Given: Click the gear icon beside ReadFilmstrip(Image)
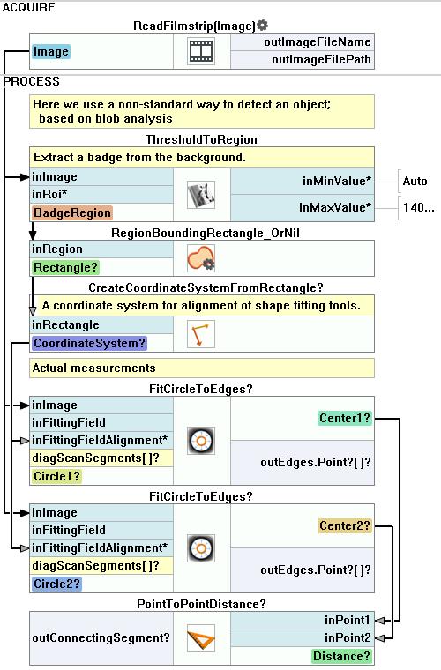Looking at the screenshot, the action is click(262, 26).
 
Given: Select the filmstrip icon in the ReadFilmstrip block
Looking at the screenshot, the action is click(201, 51).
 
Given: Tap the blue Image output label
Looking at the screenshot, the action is click(51, 52).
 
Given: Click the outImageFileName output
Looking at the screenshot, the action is click(317, 42).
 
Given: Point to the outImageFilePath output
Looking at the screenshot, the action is click(321, 59).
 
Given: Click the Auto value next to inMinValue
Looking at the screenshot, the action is click(415, 182).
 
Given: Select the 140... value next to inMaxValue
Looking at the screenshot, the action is click(419, 208).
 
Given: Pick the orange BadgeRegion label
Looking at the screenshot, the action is click(71, 212).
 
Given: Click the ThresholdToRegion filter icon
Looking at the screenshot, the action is click(201, 195).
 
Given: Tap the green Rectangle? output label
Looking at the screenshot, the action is click(65, 267).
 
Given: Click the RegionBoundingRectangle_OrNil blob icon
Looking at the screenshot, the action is click(201, 258).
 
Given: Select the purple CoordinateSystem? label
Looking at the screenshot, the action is click(89, 343).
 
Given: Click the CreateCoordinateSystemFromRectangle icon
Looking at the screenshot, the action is click(201, 334).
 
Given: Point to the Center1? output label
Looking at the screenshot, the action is click(345, 418).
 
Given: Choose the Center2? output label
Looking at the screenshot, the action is click(345, 525).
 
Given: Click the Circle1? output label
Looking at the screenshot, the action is click(56, 476).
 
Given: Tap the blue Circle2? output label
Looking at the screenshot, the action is click(56, 584).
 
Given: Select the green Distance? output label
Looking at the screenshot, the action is click(341, 656).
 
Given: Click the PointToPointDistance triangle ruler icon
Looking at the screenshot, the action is click(201, 638).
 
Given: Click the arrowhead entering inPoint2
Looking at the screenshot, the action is click(379, 638).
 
